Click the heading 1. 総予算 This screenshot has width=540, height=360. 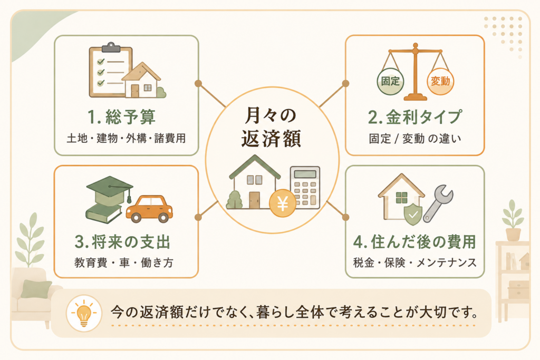(122, 116)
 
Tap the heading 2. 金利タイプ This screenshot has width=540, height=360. (414, 117)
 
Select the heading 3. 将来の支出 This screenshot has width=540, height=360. (122, 242)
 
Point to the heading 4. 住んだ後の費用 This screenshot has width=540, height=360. (414, 242)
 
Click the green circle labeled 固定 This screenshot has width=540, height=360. (390, 82)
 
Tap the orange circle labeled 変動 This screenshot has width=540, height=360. (440, 82)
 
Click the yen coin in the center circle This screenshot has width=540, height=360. (283, 204)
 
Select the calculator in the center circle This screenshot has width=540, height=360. (305, 188)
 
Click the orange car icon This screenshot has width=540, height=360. (149, 209)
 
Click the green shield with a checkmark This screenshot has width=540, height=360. (412, 213)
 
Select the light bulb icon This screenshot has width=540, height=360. (84, 313)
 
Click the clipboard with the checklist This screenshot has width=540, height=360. (110, 70)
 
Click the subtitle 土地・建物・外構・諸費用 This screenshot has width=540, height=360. (126, 138)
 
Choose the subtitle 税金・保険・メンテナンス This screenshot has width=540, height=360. (415, 262)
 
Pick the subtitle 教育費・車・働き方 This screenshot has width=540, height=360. (123, 262)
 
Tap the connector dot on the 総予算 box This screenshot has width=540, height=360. (198, 83)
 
